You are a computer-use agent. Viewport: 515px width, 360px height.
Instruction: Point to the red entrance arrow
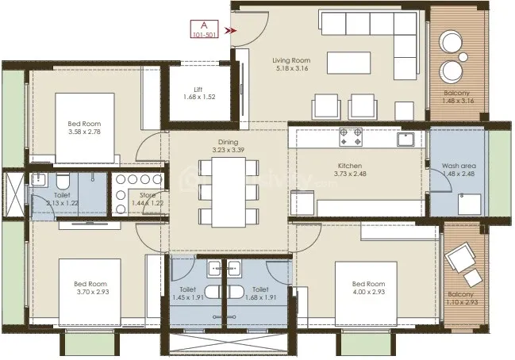pos(230,31)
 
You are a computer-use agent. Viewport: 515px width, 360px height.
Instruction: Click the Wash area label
pos(457,166)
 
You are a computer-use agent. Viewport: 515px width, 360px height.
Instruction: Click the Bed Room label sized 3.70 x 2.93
pos(91,285)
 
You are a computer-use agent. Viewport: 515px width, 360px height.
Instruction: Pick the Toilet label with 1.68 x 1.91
pos(259,290)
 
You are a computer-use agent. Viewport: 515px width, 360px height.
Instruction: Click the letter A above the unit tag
pos(203,25)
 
